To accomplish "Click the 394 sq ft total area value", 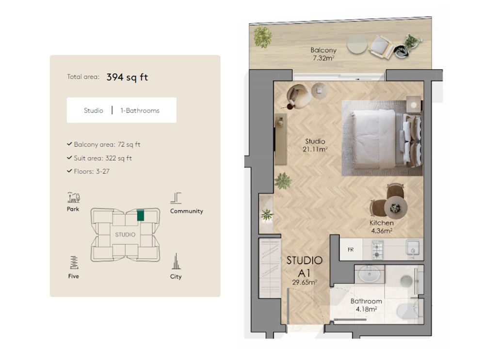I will click(127, 77).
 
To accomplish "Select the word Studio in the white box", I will click(93, 110).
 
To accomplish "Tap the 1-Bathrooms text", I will click(140, 110).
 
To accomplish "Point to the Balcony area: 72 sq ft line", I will click(107, 144).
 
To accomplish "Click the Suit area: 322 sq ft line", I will click(102, 158).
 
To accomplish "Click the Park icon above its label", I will click(73, 197).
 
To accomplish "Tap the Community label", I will click(186, 211).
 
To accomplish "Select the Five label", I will click(73, 276).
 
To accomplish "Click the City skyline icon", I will click(176, 262).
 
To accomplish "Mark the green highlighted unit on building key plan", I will click(141, 215).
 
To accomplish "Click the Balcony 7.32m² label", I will click(323, 54).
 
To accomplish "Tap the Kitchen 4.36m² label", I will click(381, 227).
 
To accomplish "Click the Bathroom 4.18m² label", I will click(366, 305).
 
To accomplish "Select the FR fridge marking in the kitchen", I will click(350, 250).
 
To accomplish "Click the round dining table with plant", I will click(395, 207).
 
